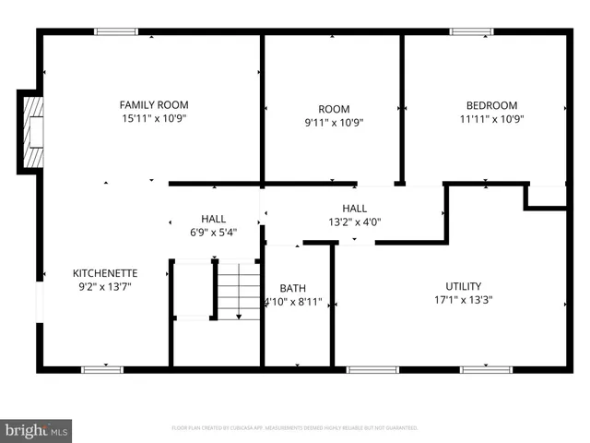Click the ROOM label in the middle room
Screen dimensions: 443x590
tap(333, 108)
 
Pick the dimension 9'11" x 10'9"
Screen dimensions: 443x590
tap(333, 122)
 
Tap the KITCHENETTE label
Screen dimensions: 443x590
tap(105, 273)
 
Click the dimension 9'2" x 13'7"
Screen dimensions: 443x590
tap(105, 287)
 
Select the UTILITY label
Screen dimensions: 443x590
tap(464, 286)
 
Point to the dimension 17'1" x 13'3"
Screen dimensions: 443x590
tap(464, 300)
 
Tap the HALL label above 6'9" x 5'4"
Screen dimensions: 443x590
tap(214, 219)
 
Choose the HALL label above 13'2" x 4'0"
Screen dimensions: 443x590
tap(354, 209)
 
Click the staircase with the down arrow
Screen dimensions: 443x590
tap(239, 290)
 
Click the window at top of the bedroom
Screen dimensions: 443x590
tap(471, 32)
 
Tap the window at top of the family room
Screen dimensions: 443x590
tap(116, 32)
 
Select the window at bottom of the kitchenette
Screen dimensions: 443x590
tap(102, 370)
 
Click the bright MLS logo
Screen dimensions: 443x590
tap(37, 430)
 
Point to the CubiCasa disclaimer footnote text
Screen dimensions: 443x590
tap(295, 428)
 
